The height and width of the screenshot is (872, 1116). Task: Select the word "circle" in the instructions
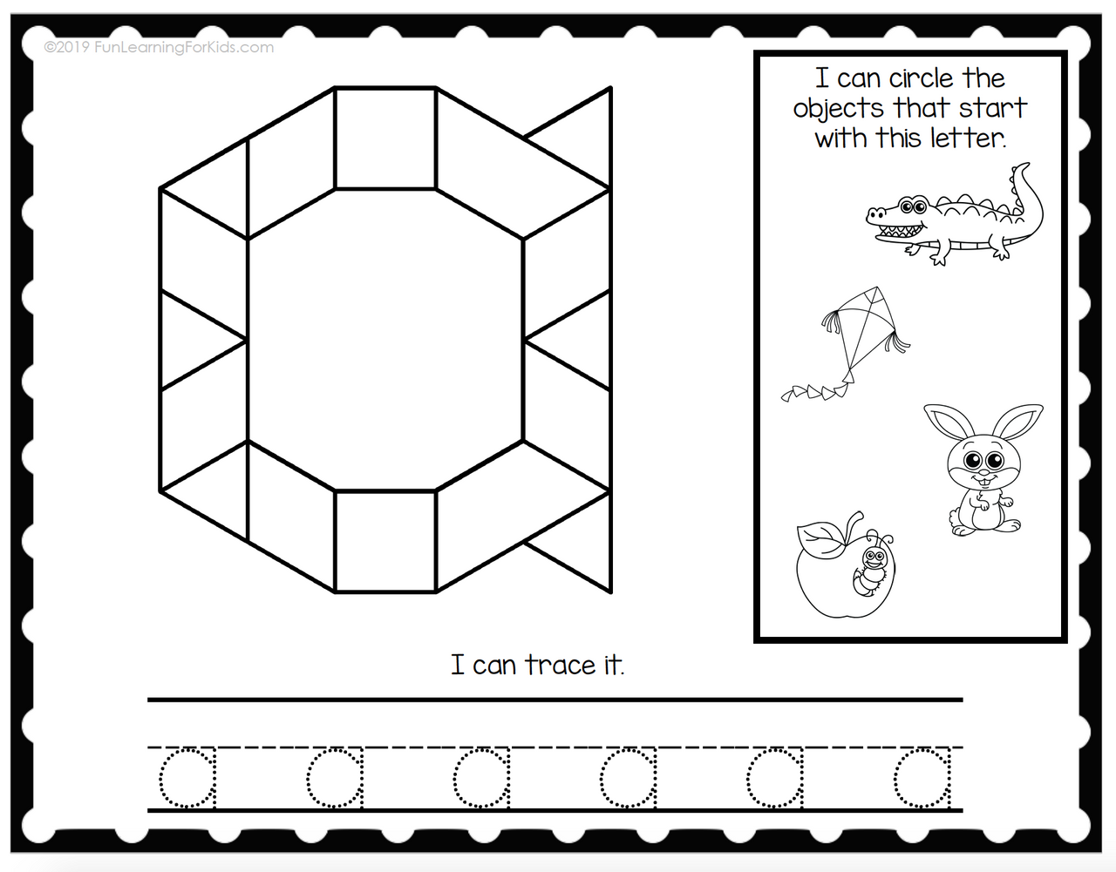pyautogui.click(x=921, y=79)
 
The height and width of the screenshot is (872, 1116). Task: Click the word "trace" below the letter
pyautogui.click(x=561, y=666)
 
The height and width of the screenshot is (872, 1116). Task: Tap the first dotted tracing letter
pyautogui.click(x=187, y=778)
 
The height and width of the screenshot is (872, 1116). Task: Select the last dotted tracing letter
pyautogui.click(x=922, y=778)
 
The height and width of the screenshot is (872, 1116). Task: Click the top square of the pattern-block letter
pyautogui.click(x=385, y=139)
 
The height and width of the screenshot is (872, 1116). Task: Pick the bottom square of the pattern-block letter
pyautogui.click(x=385, y=542)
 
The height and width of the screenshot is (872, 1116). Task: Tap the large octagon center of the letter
pyautogui.click(x=385, y=340)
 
